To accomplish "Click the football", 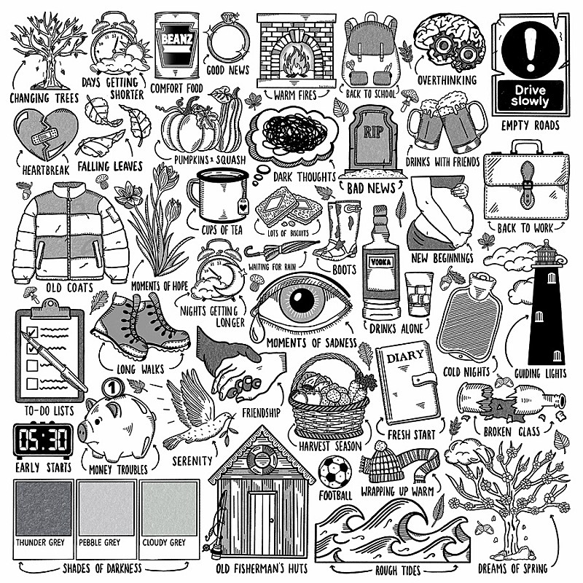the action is tap(335, 472).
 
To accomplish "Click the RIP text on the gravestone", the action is tap(372, 132).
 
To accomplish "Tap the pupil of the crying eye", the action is tap(301, 300).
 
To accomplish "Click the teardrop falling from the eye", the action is tap(256, 330).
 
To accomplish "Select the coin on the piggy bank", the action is tap(112, 388).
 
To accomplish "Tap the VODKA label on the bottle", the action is tap(380, 262).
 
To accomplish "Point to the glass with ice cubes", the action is tap(418, 294).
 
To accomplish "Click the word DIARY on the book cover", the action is tap(405, 357).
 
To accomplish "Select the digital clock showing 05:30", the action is tap(43, 441).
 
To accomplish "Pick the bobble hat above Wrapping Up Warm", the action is tap(386, 461).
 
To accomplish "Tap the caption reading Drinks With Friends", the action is tap(442, 163).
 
